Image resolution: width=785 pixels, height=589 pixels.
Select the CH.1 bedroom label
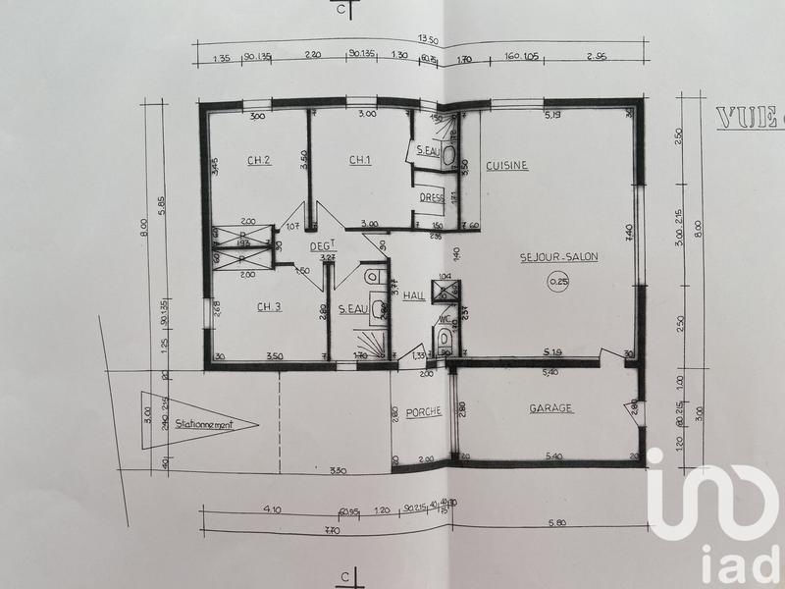click(x=360, y=160)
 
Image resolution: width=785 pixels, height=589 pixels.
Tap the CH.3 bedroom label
click(x=269, y=307)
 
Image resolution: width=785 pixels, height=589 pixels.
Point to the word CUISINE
click(x=507, y=166)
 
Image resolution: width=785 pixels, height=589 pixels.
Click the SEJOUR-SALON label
click(x=559, y=256)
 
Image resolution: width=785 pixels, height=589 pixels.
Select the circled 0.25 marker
click(x=559, y=284)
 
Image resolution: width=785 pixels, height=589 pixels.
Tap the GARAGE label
click(x=551, y=408)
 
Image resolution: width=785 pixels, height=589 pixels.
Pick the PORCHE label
click(x=424, y=412)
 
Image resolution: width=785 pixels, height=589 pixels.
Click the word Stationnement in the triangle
click(x=203, y=426)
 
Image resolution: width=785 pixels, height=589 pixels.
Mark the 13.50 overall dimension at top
click(x=428, y=39)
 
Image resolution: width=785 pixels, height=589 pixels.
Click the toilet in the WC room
click(x=445, y=340)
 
